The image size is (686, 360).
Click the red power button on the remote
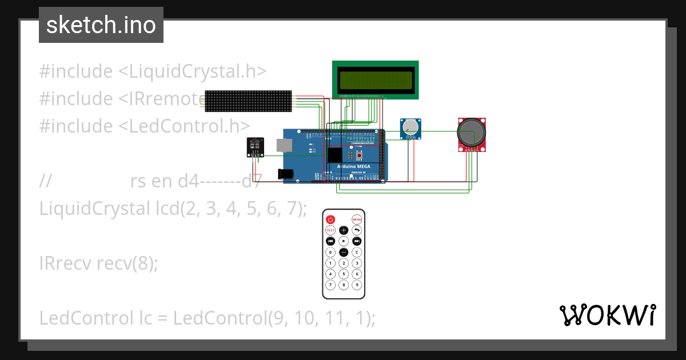click(x=330, y=219)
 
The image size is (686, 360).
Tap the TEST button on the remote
click(x=330, y=230)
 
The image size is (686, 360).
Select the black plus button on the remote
click(x=344, y=230)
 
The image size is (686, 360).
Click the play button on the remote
click(x=344, y=241)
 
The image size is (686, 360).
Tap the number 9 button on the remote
click(x=357, y=285)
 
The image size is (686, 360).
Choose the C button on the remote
click(x=357, y=252)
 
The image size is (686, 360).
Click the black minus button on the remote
click(x=344, y=252)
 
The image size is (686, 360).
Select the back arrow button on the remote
click(x=357, y=230)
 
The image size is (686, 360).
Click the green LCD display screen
click(x=375, y=79)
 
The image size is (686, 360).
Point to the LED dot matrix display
click(x=248, y=101)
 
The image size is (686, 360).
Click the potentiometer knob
click(x=409, y=128)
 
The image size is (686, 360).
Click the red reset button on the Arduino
click(x=359, y=155)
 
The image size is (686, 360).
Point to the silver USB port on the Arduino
click(x=284, y=145)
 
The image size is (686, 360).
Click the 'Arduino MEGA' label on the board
click(x=353, y=166)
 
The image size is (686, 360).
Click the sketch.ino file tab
click(x=101, y=25)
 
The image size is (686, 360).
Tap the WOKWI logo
click(x=607, y=315)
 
